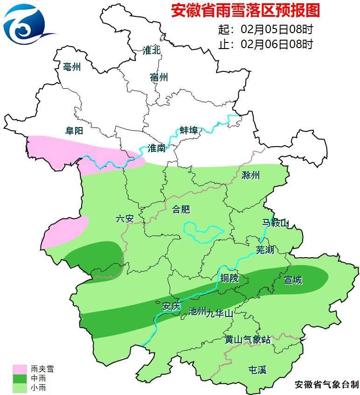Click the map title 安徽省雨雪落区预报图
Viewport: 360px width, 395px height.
pos(246,11)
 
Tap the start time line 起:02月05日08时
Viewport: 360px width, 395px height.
pos(265,29)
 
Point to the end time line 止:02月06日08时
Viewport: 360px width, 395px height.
pos(265,44)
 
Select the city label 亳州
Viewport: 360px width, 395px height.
pos(72,67)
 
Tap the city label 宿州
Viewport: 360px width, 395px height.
pos(159,77)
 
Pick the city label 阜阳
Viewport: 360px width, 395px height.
pos(74,132)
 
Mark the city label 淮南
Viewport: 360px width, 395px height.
pos(156,148)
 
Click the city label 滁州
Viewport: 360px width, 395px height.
pos(251,176)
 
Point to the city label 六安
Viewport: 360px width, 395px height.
pos(125,219)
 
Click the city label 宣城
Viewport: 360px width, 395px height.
pos(293,280)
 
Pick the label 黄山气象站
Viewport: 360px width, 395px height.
pos(247,339)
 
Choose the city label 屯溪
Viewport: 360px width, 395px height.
pos(257,370)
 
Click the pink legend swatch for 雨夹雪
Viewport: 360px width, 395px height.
pos(20,369)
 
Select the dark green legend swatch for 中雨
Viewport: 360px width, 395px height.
pos(20,378)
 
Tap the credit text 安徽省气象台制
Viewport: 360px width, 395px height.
pos(326,385)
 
